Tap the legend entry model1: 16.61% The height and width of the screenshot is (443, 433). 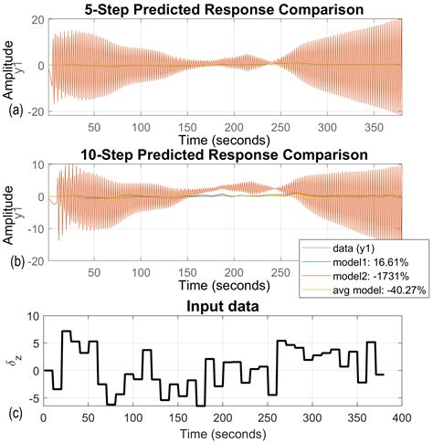point(367,260)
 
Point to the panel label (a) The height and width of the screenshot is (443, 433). point(12,114)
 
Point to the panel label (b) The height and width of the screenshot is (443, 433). point(12,260)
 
